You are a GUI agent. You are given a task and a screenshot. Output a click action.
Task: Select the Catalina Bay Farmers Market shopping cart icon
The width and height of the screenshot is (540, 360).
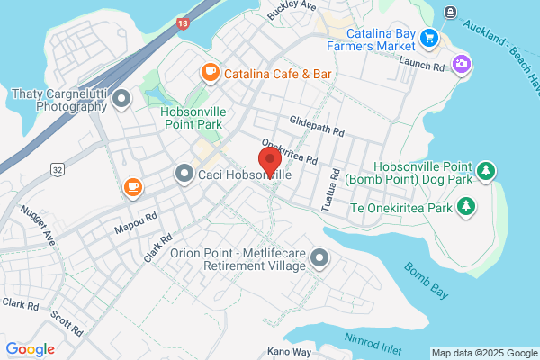pos(429,38)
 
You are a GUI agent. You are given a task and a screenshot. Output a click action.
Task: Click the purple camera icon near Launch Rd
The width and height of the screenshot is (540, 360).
pos(462,63)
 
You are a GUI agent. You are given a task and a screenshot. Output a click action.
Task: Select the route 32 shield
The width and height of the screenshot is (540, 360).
pos(57,168)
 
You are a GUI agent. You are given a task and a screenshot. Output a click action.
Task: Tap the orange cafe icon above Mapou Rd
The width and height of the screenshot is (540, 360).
pos(133,187)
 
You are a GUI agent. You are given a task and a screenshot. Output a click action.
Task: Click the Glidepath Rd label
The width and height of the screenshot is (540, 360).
pos(318,125)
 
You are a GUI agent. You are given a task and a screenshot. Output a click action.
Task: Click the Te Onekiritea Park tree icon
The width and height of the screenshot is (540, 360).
pos(466,206)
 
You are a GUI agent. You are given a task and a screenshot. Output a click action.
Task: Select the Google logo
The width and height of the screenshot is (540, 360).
pos(30,349)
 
